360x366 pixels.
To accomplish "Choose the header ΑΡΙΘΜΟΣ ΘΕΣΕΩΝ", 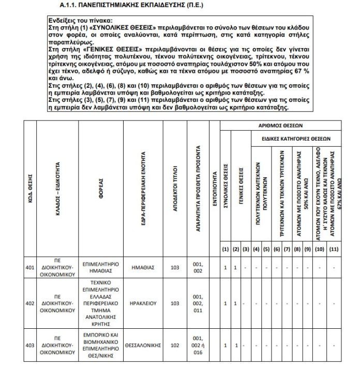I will click(x=280, y=126).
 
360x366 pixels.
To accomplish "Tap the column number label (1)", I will click(x=225, y=250).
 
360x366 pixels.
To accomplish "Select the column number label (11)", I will click(x=333, y=250).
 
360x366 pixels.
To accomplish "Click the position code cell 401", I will click(x=30, y=267).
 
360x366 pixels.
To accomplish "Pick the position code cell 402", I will click(x=30, y=303).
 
